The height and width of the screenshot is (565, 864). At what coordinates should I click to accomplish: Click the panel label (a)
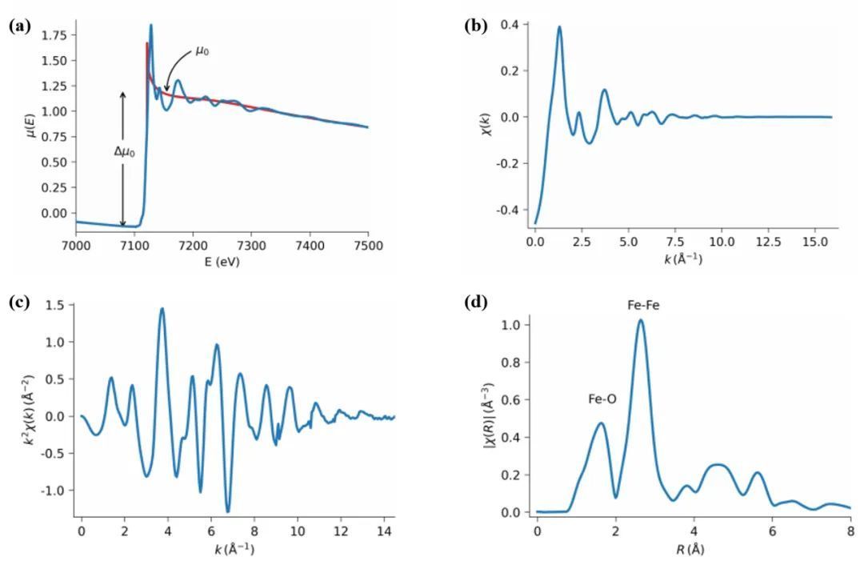(19, 26)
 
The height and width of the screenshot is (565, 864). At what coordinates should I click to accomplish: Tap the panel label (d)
(475, 303)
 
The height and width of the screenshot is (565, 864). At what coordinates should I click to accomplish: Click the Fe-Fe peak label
(643, 305)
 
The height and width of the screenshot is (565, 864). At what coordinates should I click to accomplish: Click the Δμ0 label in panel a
(124, 150)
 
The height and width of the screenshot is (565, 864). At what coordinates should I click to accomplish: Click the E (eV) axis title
(221, 261)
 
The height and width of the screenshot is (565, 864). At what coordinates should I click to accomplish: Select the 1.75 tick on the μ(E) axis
(55, 35)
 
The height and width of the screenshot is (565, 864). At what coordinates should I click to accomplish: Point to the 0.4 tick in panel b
(510, 25)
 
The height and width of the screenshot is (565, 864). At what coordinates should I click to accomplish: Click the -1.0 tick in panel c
(57, 491)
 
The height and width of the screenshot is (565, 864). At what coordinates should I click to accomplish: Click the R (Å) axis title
(694, 548)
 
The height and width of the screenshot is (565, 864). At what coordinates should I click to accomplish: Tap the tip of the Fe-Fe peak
(640, 320)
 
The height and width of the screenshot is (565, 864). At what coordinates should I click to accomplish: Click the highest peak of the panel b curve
(559, 26)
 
